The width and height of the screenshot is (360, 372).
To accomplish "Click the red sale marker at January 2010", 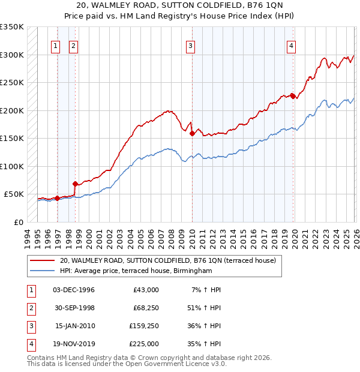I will click(192, 134).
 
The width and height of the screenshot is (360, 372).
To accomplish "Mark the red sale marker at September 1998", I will click(75, 184).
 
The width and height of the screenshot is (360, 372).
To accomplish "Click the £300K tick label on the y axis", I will click(12, 55).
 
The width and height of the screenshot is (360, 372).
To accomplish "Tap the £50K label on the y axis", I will click(14, 194).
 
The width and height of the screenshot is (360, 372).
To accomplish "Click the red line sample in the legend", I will click(43, 260).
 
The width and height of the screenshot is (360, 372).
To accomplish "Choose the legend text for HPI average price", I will click(136, 271).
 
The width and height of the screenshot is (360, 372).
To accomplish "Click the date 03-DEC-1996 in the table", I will click(74, 290).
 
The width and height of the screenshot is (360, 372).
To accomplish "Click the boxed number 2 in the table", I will click(29, 308).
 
